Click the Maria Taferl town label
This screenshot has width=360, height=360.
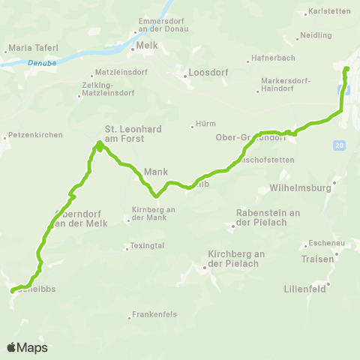29,48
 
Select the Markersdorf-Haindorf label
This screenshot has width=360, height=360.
285,84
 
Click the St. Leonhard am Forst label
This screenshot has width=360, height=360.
132,133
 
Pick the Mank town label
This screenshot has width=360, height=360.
155,171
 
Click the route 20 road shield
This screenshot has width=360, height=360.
340,145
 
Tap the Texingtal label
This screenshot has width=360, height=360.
147,245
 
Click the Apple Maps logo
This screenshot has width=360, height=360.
27,347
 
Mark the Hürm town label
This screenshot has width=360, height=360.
205,124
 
